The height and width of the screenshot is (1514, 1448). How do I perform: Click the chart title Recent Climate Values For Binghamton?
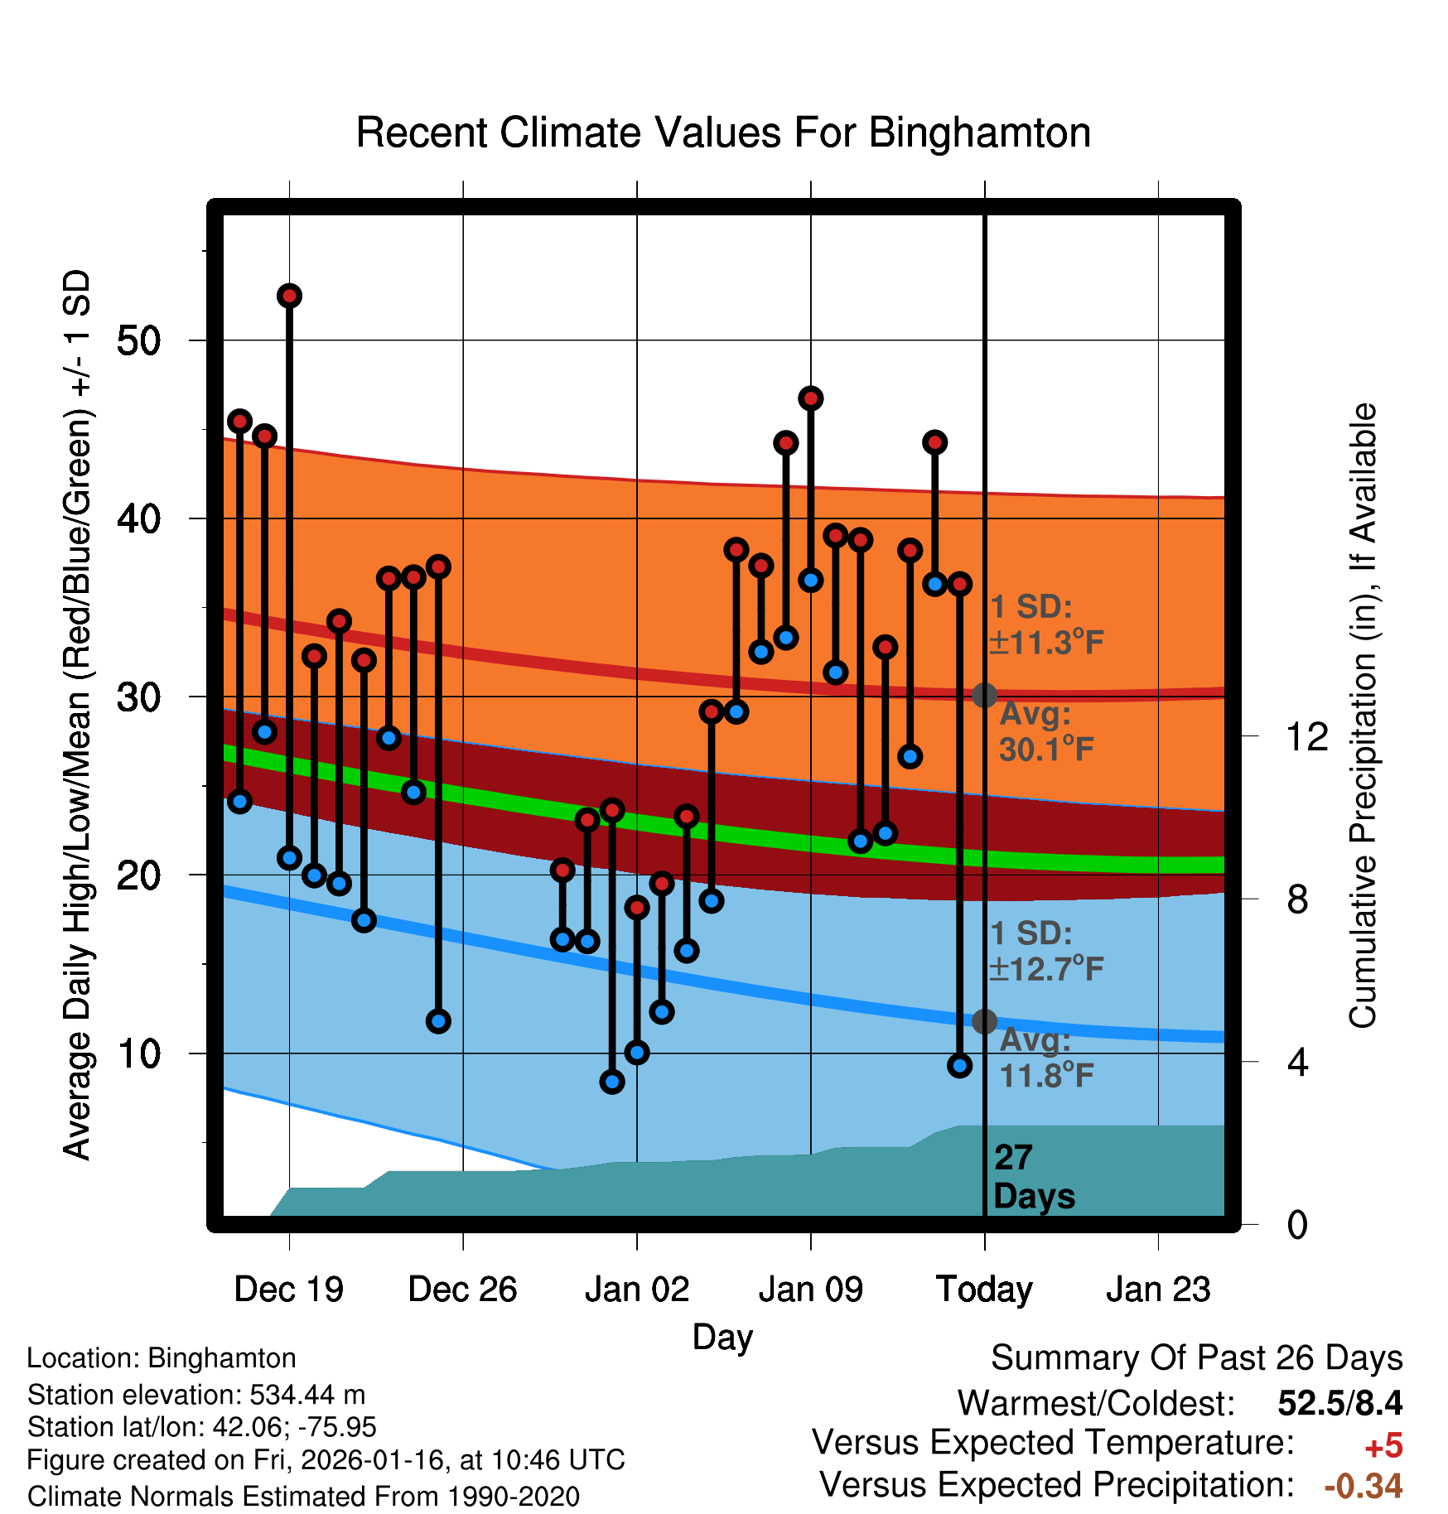point(723,133)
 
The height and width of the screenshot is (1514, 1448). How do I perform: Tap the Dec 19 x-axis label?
point(288,1290)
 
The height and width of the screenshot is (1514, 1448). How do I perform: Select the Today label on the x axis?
point(984,1290)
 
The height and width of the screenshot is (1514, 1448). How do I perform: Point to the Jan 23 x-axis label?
point(1158,1290)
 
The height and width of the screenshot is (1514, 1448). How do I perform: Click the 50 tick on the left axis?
point(138,340)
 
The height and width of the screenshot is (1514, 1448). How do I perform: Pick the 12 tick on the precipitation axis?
point(1307,736)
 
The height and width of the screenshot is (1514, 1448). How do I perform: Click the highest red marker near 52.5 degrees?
point(289,296)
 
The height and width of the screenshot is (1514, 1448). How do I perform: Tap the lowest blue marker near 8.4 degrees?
point(612,1082)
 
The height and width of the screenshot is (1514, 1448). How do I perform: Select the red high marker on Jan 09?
point(811,398)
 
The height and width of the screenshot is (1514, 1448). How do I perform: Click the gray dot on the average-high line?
point(984,695)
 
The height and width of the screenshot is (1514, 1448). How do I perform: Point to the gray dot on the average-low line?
point(984,1021)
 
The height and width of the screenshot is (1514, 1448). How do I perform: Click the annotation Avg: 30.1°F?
point(1045,732)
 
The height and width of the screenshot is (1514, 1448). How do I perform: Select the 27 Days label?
point(1033,1177)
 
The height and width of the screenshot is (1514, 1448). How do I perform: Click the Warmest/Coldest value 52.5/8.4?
point(1339,1403)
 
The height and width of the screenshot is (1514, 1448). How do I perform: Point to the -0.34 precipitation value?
point(1363,1486)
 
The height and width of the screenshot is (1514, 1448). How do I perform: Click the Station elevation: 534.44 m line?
point(196,1395)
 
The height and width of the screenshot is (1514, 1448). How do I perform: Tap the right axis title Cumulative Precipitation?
point(1363,716)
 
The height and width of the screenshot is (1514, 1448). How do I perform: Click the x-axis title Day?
point(722,1337)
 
